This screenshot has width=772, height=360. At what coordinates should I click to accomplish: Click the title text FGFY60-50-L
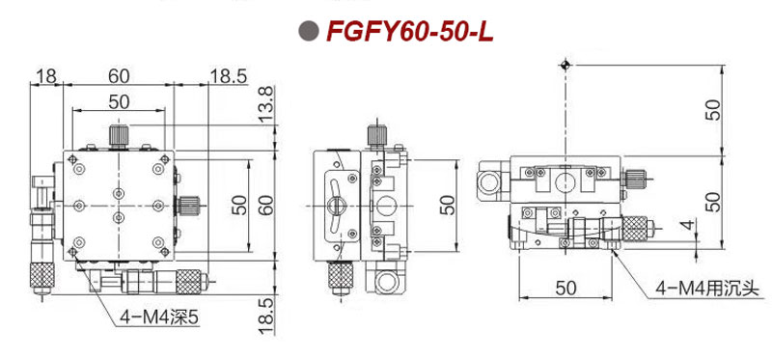pyautogui.click(x=409, y=32)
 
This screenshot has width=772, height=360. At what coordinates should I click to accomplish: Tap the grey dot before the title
pyautogui.click(x=309, y=31)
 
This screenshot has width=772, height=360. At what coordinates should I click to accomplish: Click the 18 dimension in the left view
pyautogui.click(x=46, y=76)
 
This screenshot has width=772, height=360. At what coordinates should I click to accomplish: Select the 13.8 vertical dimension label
pyautogui.click(x=266, y=104)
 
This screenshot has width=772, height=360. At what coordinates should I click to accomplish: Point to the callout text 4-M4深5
pyautogui.click(x=159, y=318)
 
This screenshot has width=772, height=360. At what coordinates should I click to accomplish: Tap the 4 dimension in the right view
pyautogui.click(x=689, y=225)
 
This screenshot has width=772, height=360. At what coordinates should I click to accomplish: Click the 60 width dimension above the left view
pyautogui.click(x=119, y=76)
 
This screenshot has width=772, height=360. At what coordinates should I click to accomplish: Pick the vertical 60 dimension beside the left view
pyautogui.click(x=266, y=205)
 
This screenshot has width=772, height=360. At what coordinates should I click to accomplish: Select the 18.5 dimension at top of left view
pyautogui.click(x=229, y=76)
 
